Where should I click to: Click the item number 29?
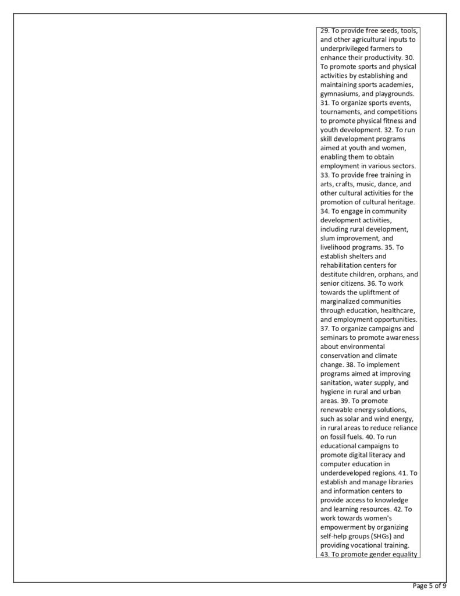(x=325, y=31)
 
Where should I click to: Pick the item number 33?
(x=325, y=175)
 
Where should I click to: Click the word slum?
(x=327, y=237)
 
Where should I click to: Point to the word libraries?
(x=391, y=481)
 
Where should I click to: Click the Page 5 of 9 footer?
(x=429, y=586)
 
